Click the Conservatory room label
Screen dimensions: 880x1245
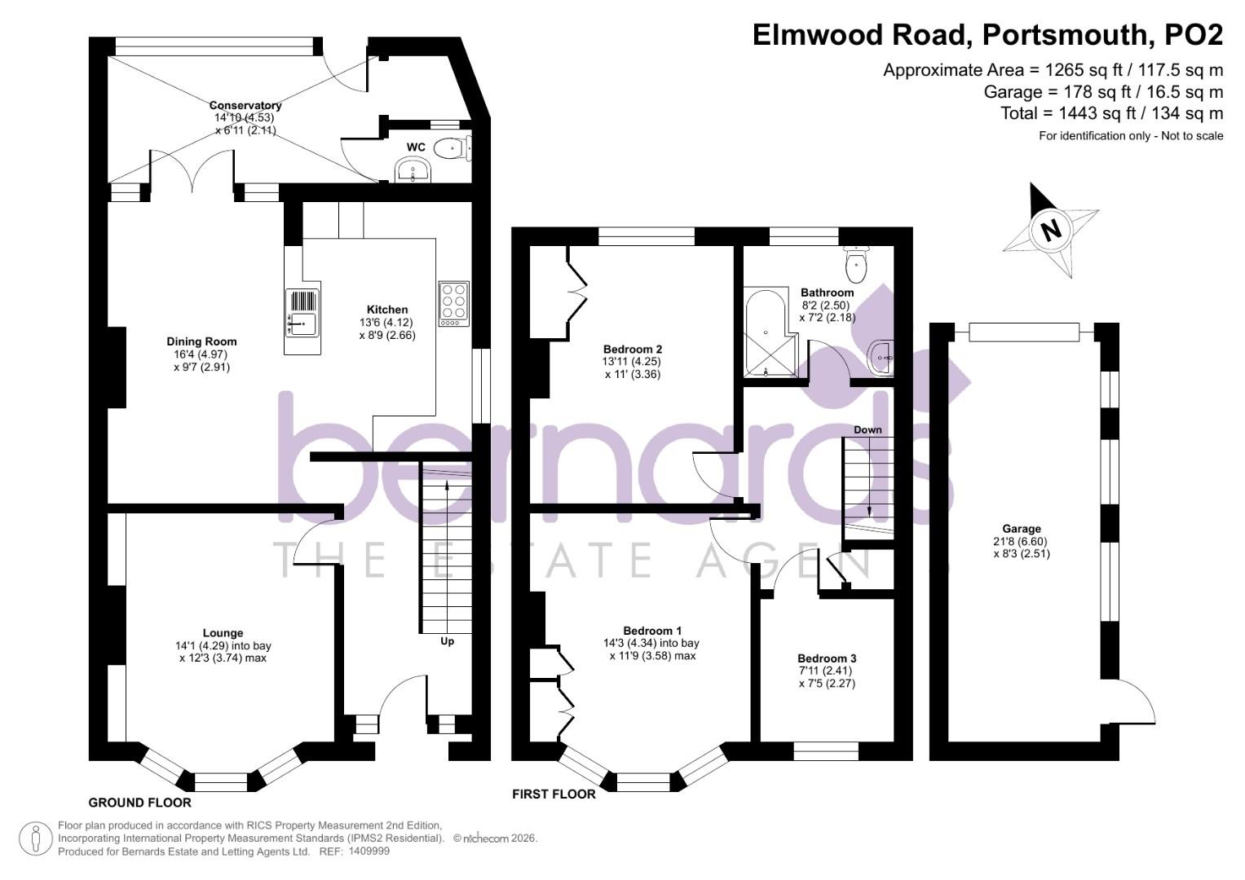(245, 105)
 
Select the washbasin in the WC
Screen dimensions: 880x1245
(413, 171)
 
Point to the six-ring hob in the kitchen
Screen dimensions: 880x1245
(454, 304)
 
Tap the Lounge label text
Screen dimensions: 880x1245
(223, 632)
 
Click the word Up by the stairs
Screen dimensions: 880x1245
(447, 641)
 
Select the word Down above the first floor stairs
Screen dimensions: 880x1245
(868, 429)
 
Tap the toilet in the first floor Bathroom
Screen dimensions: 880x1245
(856, 262)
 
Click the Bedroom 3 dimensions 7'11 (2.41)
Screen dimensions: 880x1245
(827, 671)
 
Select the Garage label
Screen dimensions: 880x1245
(1022, 529)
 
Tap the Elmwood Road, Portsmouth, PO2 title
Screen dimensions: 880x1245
(987, 35)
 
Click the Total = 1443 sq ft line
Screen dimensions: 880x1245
(1111, 113)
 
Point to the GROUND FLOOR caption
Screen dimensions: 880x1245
(139, 803)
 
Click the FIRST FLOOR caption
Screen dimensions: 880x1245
(554, 794)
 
